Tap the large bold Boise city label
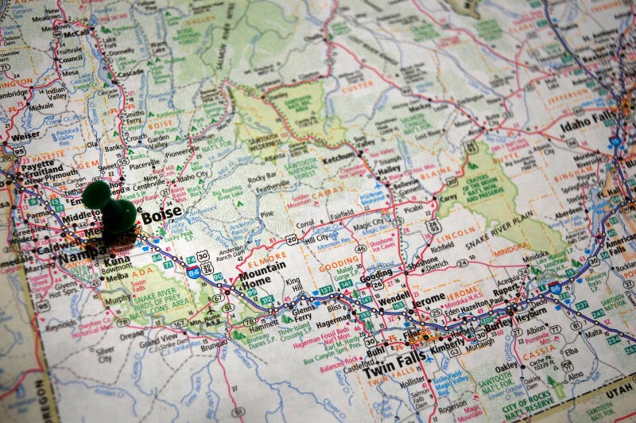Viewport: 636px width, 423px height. [161, 215]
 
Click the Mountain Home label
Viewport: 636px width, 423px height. [262, 275]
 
